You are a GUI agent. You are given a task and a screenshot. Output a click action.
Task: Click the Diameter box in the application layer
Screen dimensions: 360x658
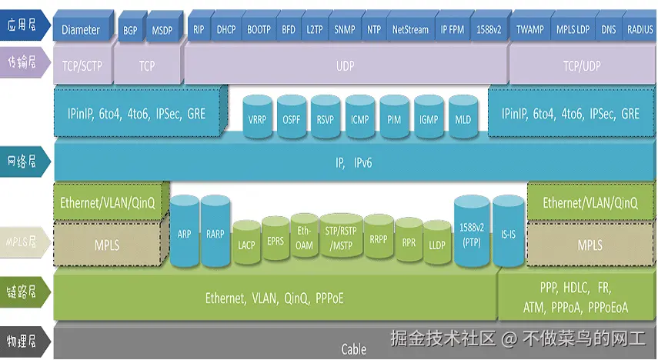coord(81,30)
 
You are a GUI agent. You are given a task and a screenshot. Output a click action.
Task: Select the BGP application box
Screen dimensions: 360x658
coord(129,30)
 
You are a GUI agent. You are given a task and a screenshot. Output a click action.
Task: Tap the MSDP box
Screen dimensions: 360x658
coord(162,30)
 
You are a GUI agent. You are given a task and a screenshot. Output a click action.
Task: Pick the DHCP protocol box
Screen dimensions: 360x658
coord(225,30)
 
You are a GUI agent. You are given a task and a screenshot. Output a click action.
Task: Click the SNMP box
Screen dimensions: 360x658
coord(344,30)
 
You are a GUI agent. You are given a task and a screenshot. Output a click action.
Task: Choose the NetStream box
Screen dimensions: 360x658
coord(409,30)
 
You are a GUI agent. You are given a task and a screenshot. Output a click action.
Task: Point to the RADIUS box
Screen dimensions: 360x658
coord(640,30)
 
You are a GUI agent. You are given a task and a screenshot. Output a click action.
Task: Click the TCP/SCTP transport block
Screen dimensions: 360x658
coord(82,66)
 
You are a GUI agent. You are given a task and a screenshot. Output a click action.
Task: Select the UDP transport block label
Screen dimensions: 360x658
coord(346,66)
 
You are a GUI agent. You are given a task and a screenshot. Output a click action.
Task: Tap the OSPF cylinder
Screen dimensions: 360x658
coord(292,120)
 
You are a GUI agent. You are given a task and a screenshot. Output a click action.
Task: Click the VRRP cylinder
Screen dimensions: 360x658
coord(257,120)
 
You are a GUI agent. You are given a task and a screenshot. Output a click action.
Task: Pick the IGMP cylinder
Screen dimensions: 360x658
coord(429,120)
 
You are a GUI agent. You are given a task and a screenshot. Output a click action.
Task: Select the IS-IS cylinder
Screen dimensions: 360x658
coord(508,234)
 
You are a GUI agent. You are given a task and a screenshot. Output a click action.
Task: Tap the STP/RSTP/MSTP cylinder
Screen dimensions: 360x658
coord(340,238)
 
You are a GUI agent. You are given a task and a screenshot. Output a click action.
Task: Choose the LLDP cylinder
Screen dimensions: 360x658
coord(437,245)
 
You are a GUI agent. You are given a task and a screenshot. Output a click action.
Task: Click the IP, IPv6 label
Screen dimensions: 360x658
coord(353,163)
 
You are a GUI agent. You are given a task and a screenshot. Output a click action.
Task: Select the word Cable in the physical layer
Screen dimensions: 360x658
coord(354,349)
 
